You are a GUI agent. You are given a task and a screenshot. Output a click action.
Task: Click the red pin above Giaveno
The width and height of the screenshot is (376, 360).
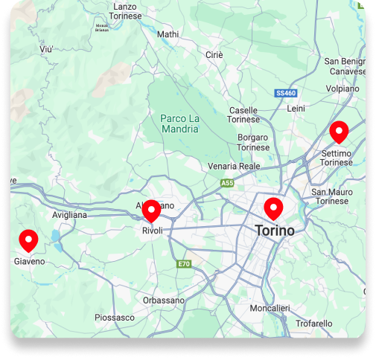coord(28,240)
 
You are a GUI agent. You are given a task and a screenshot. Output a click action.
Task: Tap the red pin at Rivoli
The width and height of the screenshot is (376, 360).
coord(152,210)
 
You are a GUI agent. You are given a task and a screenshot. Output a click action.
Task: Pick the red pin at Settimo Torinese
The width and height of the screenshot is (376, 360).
coord(340,132)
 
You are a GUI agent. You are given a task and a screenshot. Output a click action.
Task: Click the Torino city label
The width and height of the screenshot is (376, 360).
coord(275,231)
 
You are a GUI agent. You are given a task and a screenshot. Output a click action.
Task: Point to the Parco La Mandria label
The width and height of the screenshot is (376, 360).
coord(179,123)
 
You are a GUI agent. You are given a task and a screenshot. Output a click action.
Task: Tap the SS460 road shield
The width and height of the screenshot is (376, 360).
coord(286,94)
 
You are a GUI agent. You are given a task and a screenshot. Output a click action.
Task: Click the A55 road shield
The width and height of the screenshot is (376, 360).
coord(227,182)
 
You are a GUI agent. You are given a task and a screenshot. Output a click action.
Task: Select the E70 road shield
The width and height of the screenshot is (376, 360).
coord(184,264)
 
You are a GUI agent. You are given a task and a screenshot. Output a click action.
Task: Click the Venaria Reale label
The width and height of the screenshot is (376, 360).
coord(234,166)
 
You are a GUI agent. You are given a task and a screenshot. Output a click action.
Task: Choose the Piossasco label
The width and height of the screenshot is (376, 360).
coord(115,318)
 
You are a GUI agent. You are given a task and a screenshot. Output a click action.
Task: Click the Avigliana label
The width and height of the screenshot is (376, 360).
coord(69,215)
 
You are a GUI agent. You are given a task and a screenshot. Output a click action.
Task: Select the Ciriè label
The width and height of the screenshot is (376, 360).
coord(214,55)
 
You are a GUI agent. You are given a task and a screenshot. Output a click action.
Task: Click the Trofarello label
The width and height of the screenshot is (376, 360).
coord(313,324)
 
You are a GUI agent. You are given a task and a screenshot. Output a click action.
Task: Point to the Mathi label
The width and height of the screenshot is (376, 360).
coord(168,34)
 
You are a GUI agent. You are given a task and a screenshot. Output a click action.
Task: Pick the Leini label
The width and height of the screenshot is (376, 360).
coord(296,109)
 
